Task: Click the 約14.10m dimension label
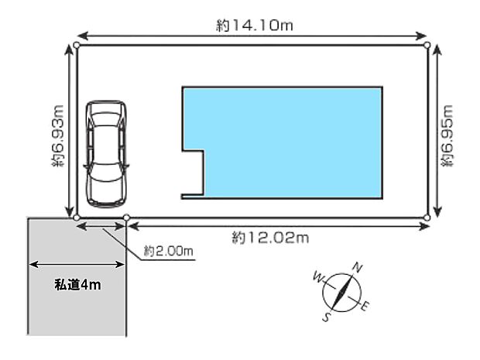[x=255, y=26]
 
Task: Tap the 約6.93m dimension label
[x=57, y=136]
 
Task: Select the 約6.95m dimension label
[x=447, y=136]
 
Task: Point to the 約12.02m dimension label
[x=270, y=238]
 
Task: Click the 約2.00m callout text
[x=168, y=251]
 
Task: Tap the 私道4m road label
[x=77, y=285]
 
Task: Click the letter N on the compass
[x=358, y=267]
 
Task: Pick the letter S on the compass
[x=327, y=317]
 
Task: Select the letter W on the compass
[x=318, y=278]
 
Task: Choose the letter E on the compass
[x=365, y=306]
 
